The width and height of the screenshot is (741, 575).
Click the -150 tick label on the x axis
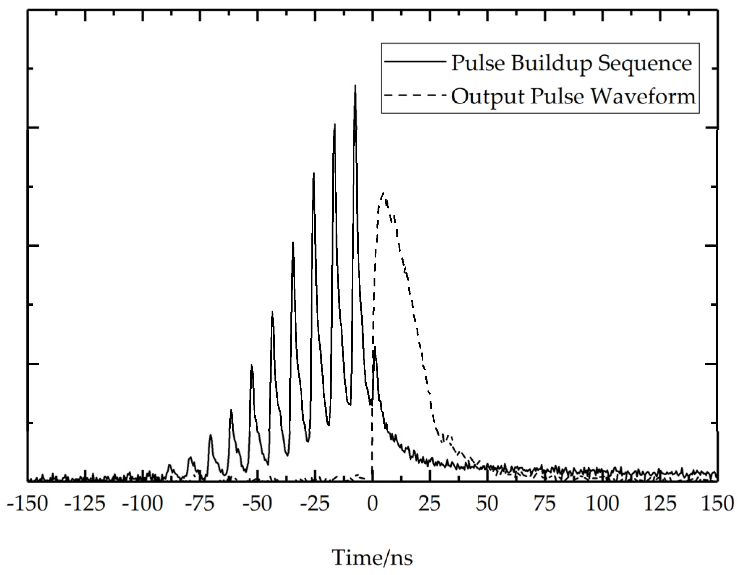[x=27, y=504]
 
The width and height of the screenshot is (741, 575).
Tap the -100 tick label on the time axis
[x=142, y=504]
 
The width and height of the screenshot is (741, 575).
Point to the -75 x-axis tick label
[x=200, y=504]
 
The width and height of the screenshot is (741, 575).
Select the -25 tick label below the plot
[x=315, y=504]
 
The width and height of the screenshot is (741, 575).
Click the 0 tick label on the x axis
[x=372, y=504]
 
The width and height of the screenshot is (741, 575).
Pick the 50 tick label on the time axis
[x=487, y=504]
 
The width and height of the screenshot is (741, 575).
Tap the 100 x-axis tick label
[x=602, y=504]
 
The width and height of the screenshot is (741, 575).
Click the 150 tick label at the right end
[x=717, y=504]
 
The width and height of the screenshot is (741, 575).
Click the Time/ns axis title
[x=372, y=557]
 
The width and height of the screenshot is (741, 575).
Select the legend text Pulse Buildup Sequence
[x=572, y=64]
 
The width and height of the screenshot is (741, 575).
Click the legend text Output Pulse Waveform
[x=573, y=97]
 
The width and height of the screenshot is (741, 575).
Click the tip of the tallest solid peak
[x=355, y=85]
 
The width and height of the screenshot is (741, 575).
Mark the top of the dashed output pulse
[x=383, y=193]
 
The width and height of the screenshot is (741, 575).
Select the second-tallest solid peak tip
[x=335, y=124]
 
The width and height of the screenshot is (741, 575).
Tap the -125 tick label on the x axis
[x=85, y=504]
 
